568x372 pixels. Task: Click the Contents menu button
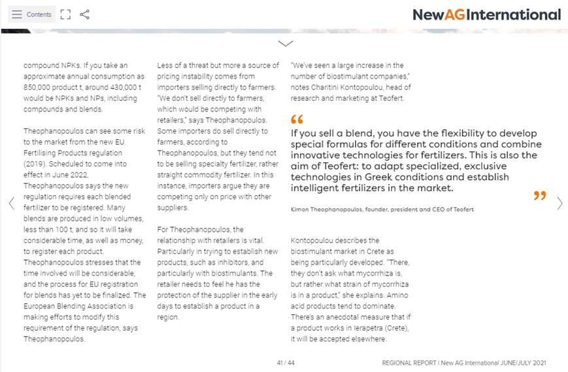(x=31, y=14)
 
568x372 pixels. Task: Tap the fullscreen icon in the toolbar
(x=65, y=14)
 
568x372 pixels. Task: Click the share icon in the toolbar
(x=84, y=14)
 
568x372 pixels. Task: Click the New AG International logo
(x=486, y=14)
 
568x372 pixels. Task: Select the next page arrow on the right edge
(x=560, y=204)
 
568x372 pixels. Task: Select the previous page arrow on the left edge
(x=11, y=204)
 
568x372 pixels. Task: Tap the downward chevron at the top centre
(x=285, y=43)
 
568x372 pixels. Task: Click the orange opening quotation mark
(x=297, y=120)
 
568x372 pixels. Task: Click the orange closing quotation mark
(x=539, y=195)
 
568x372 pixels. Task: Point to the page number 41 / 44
(x=286, y=363)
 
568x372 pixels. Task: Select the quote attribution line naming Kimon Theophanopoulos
(x=382, y=209)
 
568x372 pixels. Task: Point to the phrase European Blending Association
(x=75, y=306)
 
